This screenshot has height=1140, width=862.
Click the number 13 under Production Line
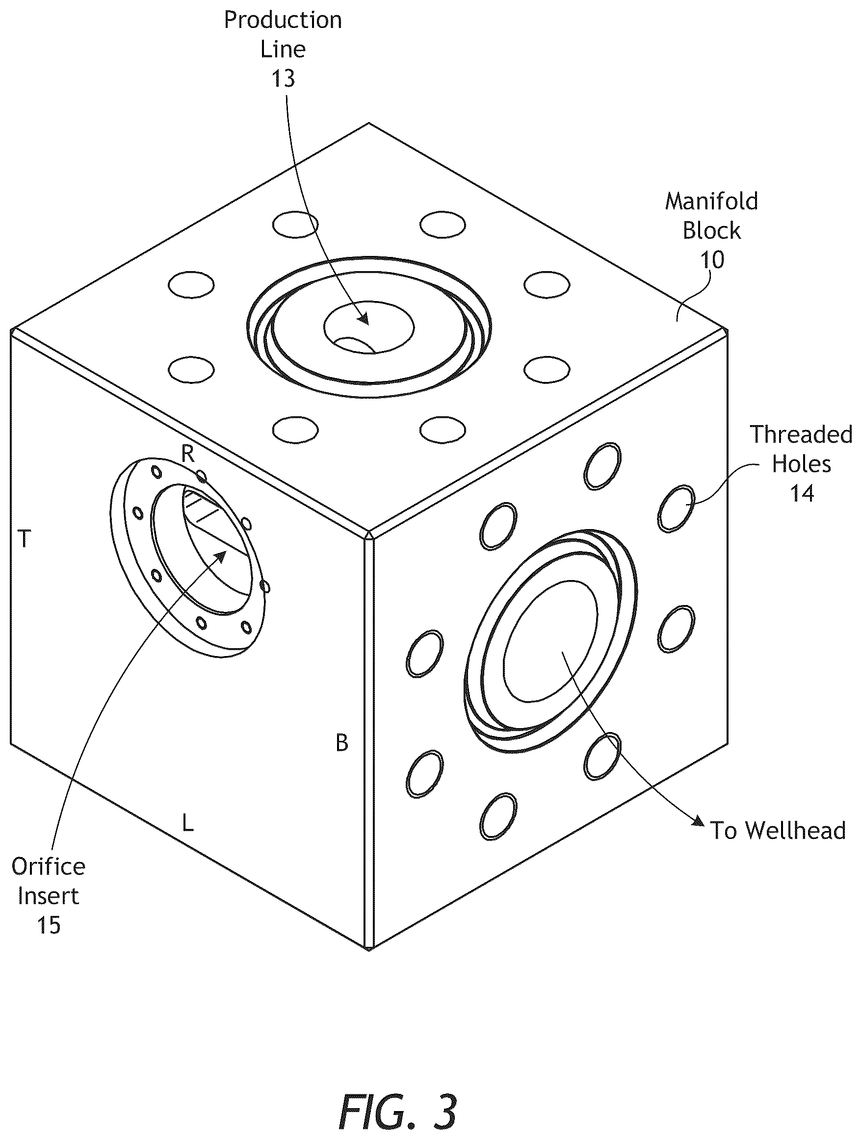click(x=283, y=78)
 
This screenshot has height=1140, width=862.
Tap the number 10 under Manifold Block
click(x=712, y=260)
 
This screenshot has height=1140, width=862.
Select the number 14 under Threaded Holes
click(x=802, y=493)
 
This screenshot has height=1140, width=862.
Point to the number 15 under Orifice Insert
click(x=49, y=925)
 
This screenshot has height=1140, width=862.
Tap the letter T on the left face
click(x=24, y=539)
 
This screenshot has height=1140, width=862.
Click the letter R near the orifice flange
click(x=188, y=454)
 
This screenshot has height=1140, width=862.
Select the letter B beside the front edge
click(x=342, y=743)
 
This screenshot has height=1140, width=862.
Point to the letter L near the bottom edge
click(x=188, y=823)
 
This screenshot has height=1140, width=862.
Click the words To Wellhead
click(x=778, y=831)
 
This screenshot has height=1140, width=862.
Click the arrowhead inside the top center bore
click(x=364, y=319)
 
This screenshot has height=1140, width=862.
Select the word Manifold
click(x=711, y=201)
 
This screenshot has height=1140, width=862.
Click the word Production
click(x=283, y=21)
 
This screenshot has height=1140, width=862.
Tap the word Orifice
click(x=49, y=866)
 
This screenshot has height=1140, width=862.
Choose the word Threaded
click(x=801, y=434)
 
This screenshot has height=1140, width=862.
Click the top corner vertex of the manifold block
click(x=368, y=123)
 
